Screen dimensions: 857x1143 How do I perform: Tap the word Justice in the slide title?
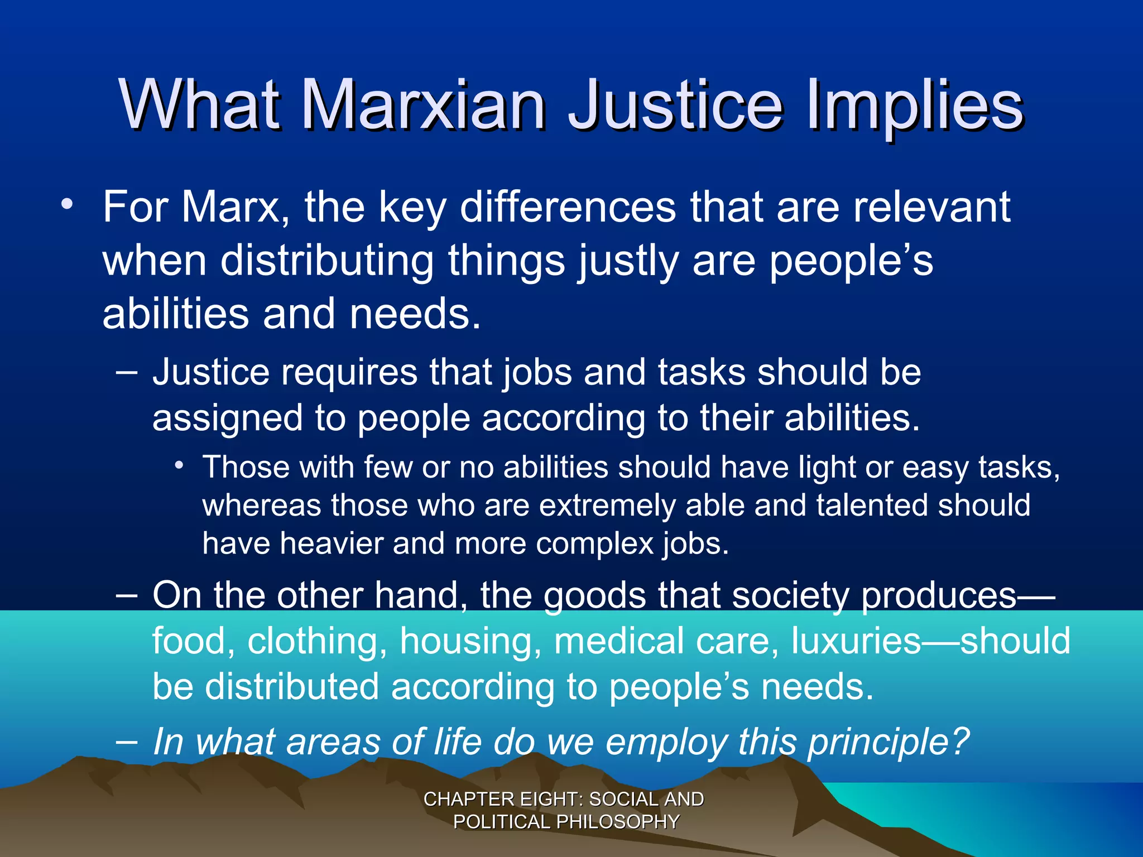675,105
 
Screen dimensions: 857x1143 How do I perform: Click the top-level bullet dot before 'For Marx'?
67,204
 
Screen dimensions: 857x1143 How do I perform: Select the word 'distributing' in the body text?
327,261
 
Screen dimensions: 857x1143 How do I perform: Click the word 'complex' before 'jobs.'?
594,543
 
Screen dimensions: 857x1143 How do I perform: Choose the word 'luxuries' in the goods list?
856,641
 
